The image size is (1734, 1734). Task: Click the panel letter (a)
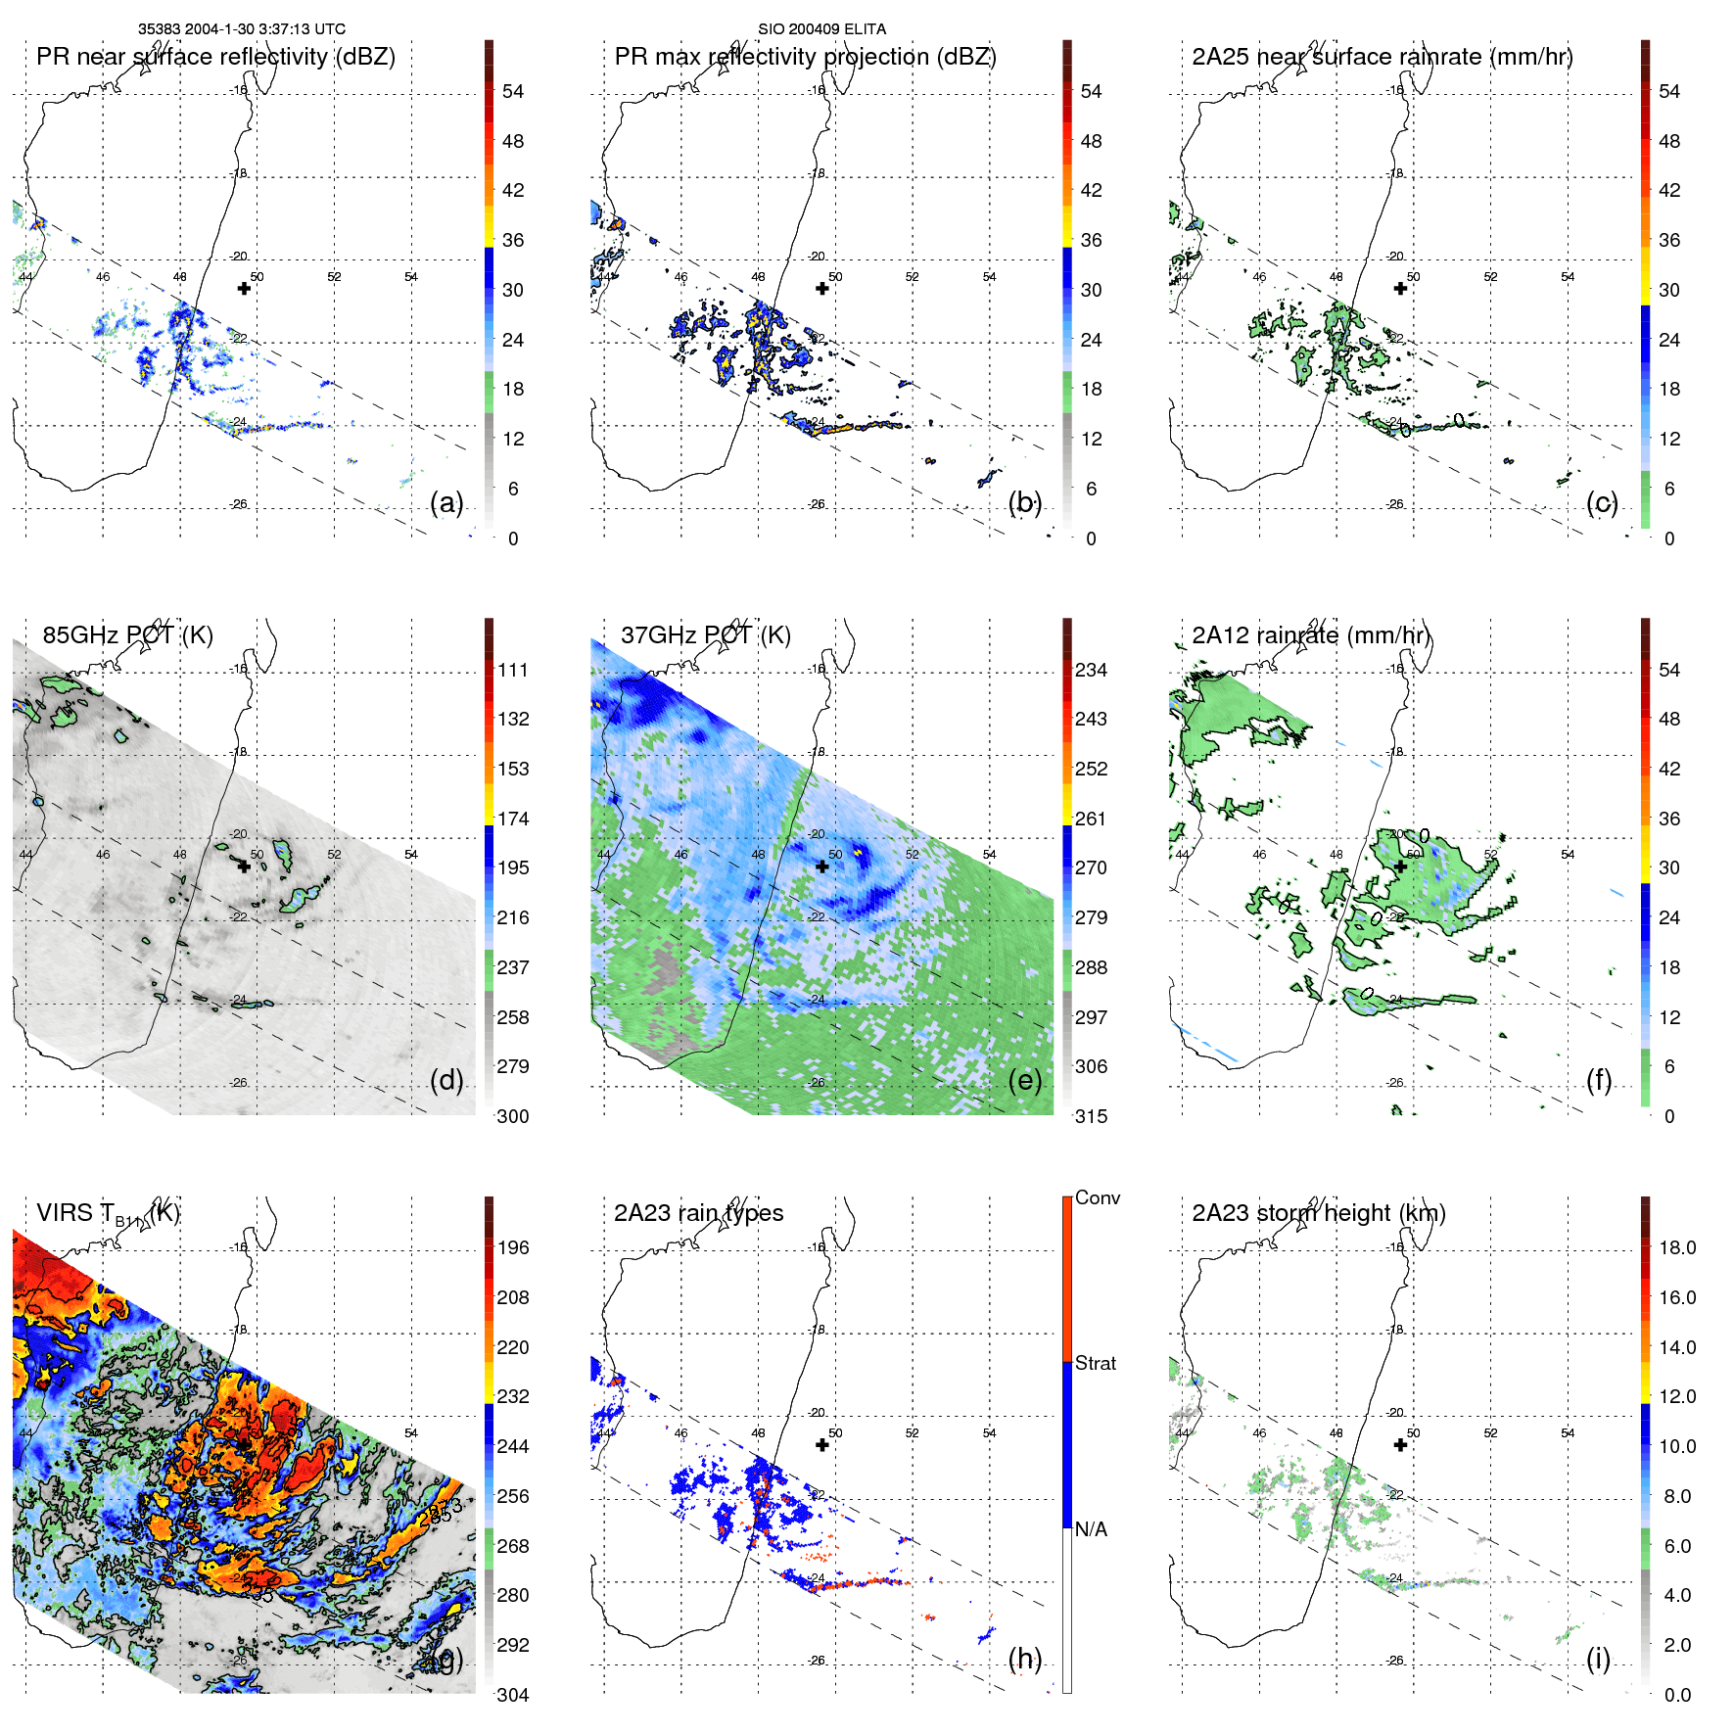pos(446,503)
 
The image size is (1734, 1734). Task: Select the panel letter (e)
pos(1025,1081)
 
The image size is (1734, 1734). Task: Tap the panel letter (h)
pos(1025,1659)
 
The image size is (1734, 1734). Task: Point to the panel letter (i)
pos(1598,1659)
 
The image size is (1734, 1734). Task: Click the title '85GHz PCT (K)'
pos(127,635)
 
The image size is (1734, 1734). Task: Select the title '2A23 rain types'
pos(698,1213)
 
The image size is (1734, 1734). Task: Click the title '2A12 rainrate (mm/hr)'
pos(1311,635)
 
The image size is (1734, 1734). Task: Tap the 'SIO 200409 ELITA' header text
pos(821,29)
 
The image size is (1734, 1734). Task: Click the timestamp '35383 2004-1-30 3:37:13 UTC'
pos(242,29)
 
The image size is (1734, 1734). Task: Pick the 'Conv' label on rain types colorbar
pos(1098,1198)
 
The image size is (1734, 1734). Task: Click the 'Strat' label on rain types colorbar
pos(1096,1364)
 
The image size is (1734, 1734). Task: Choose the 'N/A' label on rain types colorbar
pos(1091,1529)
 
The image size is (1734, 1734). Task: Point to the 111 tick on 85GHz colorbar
pos(513,671)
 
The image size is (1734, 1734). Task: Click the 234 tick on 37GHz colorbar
pos(1091,671)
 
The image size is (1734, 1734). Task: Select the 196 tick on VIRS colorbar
pos(513,1248)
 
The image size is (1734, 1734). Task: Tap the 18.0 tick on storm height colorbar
pos(1677,1248)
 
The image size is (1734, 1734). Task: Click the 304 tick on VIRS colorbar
pos(513,1695)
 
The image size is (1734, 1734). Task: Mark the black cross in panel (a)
pos(244,288)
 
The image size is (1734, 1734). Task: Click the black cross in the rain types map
pos(822,1444)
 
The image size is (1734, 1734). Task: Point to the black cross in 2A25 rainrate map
pos(1400,288)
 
